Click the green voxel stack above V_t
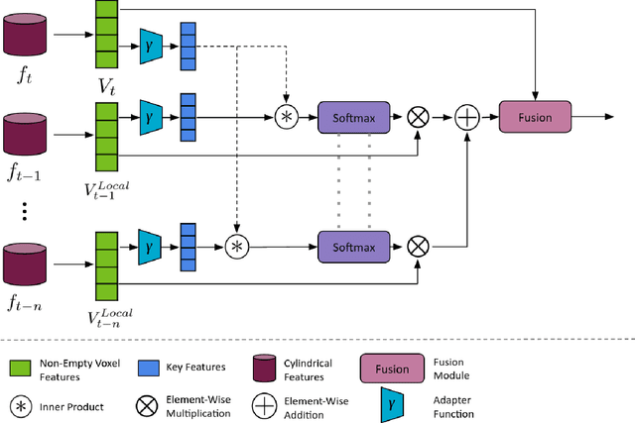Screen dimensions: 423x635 (105, 33)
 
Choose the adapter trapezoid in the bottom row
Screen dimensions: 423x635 (150, 244)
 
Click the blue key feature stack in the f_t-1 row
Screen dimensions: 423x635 (187, 116)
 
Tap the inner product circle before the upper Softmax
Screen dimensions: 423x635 (286, 117)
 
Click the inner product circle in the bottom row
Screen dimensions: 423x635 (237, 244)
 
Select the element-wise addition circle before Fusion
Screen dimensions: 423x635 (465, 117)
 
